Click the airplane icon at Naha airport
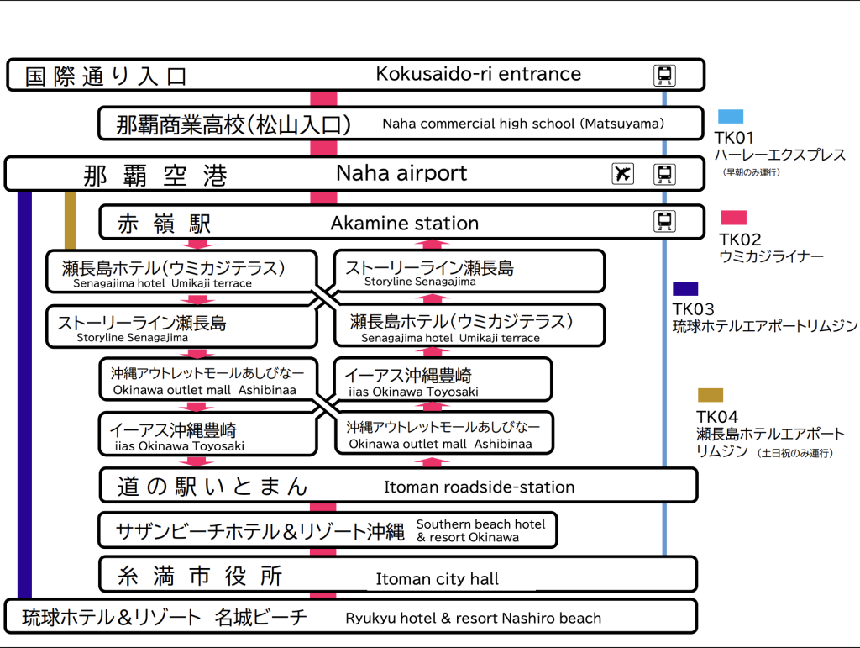coord(622,174)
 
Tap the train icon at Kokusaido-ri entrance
coord(664,76)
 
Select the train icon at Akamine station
coord(664,222)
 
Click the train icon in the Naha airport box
coord(664,174)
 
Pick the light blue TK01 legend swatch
coord(730,117)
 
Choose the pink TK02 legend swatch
coord(733,218)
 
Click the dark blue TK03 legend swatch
coord(685,288)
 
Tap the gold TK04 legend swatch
coord(710,395)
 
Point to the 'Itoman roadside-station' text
coord(479,487)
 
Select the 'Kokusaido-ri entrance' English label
coord(478,74)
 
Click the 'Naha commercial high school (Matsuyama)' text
coord(523,124)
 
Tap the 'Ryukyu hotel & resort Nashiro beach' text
coord(473,619)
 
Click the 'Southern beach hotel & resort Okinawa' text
coord(480,530)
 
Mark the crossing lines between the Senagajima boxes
coord(326,298)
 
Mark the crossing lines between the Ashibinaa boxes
coord(326,407)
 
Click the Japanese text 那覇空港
coord(155,176)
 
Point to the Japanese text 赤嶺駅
coord(164,224)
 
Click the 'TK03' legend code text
coord(694,309)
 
